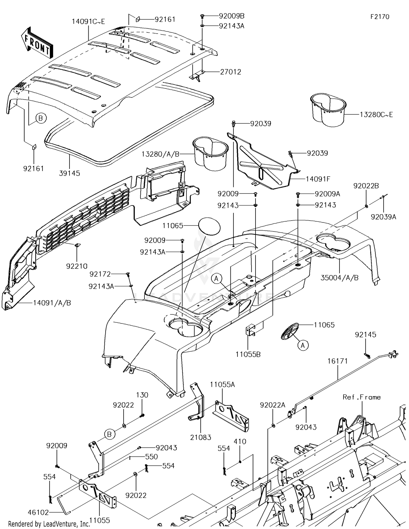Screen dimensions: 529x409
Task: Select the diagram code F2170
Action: point(380,17)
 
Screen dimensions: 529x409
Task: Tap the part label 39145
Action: point(70,173)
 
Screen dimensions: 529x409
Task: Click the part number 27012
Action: point(231,72)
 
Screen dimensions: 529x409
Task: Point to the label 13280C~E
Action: point(376,115)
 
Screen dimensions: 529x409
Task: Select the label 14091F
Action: point(318,179)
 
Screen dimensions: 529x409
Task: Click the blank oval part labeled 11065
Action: point(209,226)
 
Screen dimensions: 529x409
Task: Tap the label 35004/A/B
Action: point(339,278)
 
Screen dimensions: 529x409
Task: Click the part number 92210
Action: point(77,266)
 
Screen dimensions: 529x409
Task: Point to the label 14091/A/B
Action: point(52,303)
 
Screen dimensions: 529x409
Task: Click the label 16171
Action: point(338,361)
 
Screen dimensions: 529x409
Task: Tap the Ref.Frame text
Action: point(362,397)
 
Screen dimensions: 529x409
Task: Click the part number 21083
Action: point(201,437)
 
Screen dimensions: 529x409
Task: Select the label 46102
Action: point(38,512)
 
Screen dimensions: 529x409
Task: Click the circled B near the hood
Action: point(41,118)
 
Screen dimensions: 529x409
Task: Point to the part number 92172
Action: point(100,274)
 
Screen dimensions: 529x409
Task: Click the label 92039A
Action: point(383,217)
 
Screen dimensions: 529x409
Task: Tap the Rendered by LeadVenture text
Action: point(49,524)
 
